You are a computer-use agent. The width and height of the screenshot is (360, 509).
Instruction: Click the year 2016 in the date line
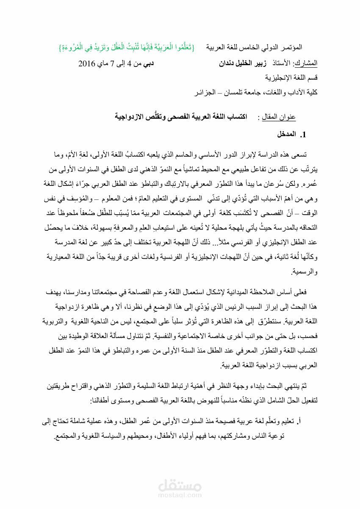[88, 64]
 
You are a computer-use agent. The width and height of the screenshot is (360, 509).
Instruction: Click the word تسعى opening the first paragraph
[304, 156]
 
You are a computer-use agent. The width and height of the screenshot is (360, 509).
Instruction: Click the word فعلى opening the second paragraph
[305, 292]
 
